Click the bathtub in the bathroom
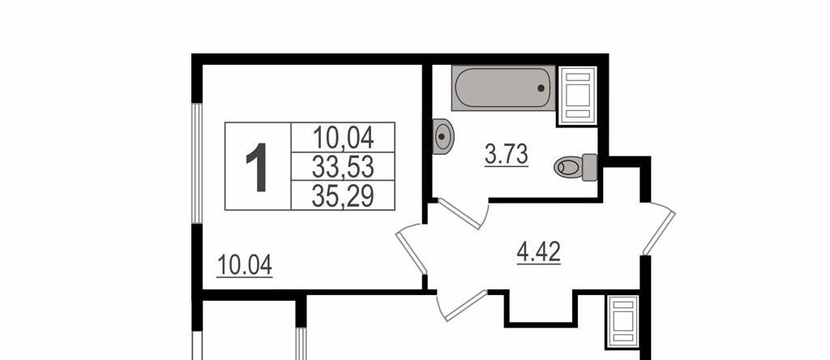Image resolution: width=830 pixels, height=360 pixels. point(503,88)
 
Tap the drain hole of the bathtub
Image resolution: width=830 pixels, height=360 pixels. point(541,88)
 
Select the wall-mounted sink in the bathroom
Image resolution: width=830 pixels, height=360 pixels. point(443,136)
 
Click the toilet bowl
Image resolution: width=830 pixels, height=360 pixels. point(568,167)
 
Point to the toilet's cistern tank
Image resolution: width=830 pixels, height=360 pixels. point(590,167)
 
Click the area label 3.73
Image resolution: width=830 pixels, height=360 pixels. point(506,155)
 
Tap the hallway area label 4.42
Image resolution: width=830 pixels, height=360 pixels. point(538,252)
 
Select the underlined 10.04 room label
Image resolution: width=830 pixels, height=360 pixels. point(245,265)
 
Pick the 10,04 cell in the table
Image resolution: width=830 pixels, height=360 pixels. point(343,138)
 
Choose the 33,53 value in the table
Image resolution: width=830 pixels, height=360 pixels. point(343,167)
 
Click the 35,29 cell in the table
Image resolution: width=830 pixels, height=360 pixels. point(343,196)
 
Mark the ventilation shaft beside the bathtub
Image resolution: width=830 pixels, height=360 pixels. point(577,96)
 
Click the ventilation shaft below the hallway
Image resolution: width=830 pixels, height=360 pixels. point(622,321)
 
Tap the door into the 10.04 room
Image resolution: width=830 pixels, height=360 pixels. point(411,249)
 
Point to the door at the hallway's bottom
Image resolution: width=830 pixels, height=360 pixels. point(460,306)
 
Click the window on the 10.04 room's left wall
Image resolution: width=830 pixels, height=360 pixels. point(197,163)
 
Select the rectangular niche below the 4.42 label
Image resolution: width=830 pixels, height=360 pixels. point(540,307)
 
